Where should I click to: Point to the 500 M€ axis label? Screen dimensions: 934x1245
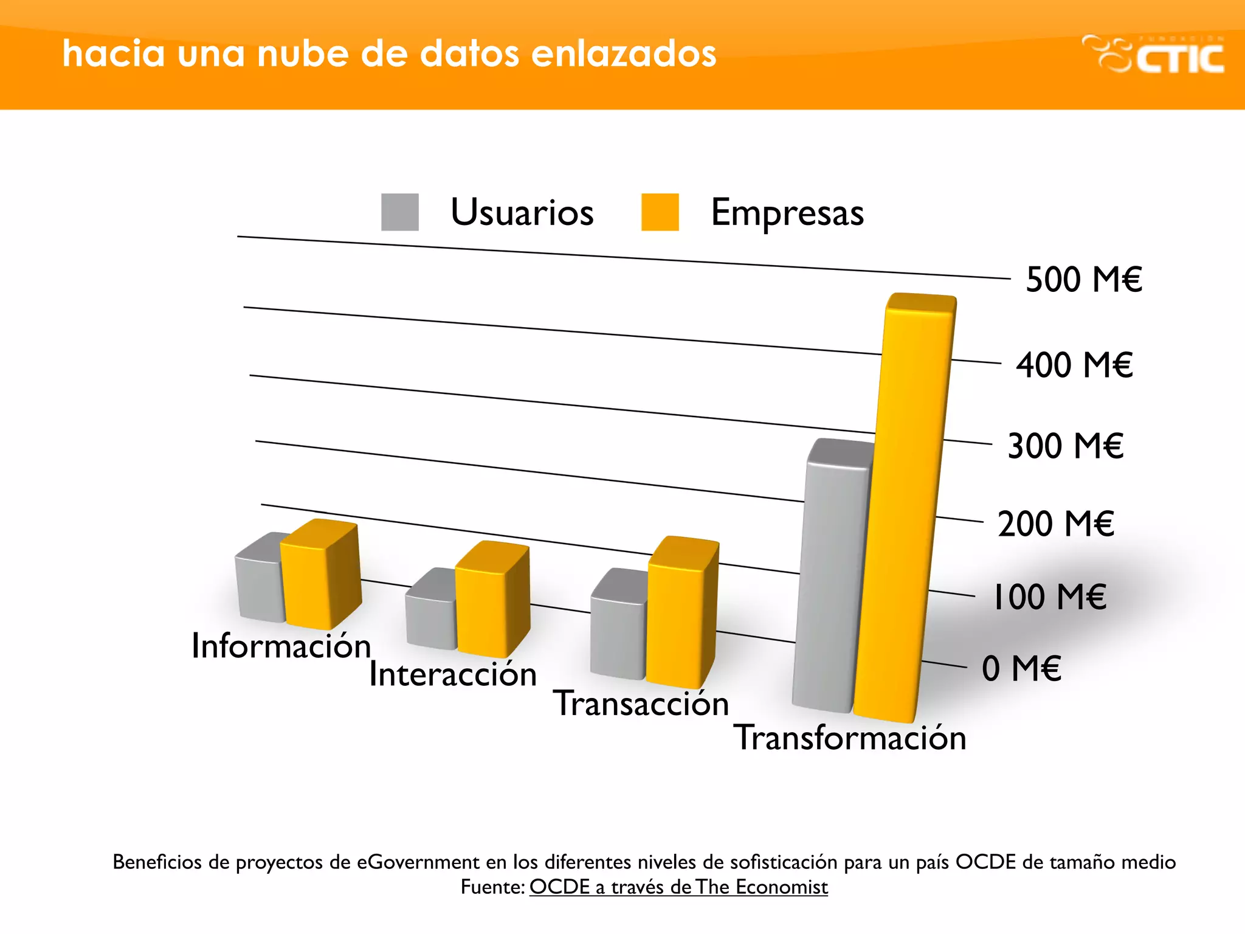point(1084,280)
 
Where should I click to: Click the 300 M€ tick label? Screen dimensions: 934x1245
point(1065,446)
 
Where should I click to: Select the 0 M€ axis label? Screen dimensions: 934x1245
point(1021,668)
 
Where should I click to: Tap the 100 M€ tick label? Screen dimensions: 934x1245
point(1049,597)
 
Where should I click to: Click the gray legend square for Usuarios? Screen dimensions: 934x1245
point(399,212)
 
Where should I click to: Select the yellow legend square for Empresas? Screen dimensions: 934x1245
point(660,212)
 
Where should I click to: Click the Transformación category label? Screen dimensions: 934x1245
point(849,738)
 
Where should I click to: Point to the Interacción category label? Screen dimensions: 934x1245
point(453,674)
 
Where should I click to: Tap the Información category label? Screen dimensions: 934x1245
point(281,646)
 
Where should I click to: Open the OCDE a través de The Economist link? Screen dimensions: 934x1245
point(678,887)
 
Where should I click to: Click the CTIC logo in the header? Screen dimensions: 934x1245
point(1153,55)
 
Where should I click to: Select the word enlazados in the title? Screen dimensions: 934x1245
point(624,54)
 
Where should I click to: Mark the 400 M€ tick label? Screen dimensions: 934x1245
point(1074,365)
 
